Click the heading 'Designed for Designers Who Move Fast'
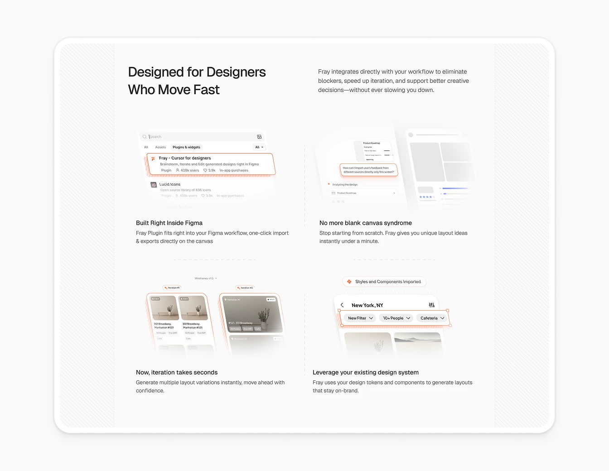coord(197,81)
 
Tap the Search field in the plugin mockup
coord(199,137)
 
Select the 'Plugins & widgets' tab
coord(186,147)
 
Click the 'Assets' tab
coord(160,147)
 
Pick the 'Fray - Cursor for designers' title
coord(185,158)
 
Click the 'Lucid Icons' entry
coord(169,184)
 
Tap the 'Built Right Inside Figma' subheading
coord(169,223)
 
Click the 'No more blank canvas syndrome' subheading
coord(365,223)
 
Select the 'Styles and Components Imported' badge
coord(384,282)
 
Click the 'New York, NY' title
coord(367,305)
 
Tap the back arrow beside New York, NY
coord(342,305)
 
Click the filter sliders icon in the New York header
coord(431,305)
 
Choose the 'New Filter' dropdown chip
coord(360,318)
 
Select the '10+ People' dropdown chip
coord(396,318)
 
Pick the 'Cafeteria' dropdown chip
coord(432,318)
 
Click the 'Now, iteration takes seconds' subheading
coord(177,372)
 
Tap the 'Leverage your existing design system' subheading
coord(365,372)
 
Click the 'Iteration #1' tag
coord(172,288)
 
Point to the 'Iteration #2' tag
coord(245,288)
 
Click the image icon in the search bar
coord(259,137)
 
